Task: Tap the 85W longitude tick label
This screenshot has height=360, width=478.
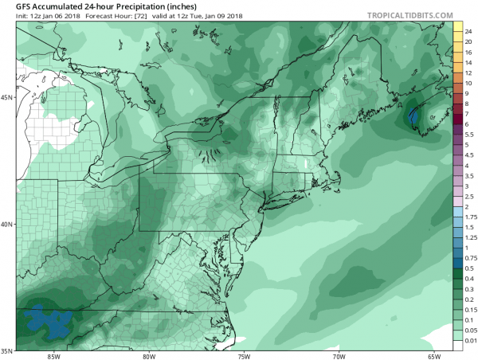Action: click(54, 355)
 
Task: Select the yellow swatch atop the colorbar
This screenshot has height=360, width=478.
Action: click(458, 29)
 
